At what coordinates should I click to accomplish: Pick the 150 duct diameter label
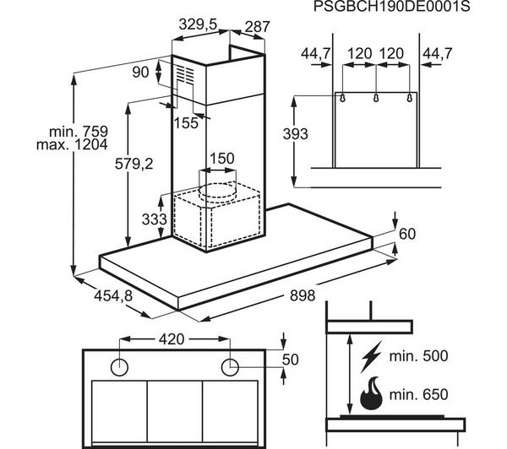point(221,160)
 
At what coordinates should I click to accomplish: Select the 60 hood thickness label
point(408,234)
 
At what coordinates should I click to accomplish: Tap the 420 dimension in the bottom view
point(173,340)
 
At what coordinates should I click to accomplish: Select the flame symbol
point(369,393)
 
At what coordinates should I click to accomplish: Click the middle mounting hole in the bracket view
point(374,98)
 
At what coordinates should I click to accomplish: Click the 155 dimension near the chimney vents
point(187,122)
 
